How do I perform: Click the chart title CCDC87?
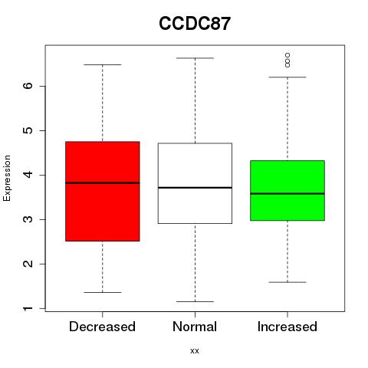pyautogui.click(x=195, y=24)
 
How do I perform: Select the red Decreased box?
pyautogui.click(x=103, y=191)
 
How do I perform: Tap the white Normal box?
pyautogui.click(x=195, y=183)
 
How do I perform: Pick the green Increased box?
pyautogui.click(x=287, y=190)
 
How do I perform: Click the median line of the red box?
pyautogui.click(x=103, y=183)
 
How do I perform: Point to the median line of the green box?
pyautogui.click(x=287, y=194)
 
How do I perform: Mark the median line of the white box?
pyautogui.click(x=195, y=188)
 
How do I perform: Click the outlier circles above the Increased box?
pyautogui.click(x=287, y=61)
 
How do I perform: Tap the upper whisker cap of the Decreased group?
pyautogui.click(x=103, y=64)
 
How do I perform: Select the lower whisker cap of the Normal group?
pyautogui.click(x=195, y=302)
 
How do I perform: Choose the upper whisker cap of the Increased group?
pyautogui.click(x=287, y=77)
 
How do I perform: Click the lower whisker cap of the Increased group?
pyautogui.click(x=287, y=282)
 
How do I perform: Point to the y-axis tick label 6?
pyautogui.click(x=28, y=86)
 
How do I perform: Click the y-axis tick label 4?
pyautogui.click(x=28, y=175)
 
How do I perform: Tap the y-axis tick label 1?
pyautogui.click(x=28, y=309)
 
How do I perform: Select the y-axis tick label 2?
pyautogui.click(x=28, y=264)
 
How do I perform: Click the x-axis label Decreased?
pyautogui.click(x=102, y=327)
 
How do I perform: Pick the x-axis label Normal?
pyautogui.click(x=195, y=327)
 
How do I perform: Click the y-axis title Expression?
pyautogui.click(x=7, y=178)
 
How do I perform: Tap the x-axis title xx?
pyautogui.click(x=195, y=351)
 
